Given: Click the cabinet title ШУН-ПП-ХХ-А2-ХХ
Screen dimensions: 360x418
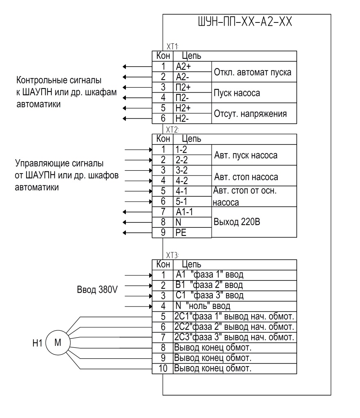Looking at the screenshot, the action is [x=245, y=22].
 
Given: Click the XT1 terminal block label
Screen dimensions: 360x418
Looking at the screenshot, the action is [x=172, y=47].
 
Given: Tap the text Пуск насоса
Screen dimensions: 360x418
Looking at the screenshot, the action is [x=237, y=93].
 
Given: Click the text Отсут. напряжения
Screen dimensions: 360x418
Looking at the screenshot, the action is [x=250, y=114].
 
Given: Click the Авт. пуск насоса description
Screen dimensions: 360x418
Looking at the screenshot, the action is [x=246, y=155].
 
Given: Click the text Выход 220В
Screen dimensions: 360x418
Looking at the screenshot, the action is [x=237, y=222].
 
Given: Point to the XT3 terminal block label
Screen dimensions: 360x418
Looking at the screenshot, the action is [x=172, y=255].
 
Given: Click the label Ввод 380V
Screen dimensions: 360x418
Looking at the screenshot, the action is [x=97, y=289].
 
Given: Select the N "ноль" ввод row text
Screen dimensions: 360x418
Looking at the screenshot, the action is [x=203, y=306].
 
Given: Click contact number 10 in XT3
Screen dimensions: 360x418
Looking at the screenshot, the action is [x=163, y=369].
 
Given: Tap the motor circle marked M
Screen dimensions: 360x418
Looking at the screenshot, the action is [x=58, y=342].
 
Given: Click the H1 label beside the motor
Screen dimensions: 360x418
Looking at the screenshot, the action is [x=37, y=343].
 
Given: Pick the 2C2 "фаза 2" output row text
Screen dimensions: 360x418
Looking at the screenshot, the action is [x=234, y=327].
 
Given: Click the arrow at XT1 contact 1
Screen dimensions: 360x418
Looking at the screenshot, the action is [x=137, y=67].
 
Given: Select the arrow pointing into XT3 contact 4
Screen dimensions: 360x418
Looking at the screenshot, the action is [x=139, y=307].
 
